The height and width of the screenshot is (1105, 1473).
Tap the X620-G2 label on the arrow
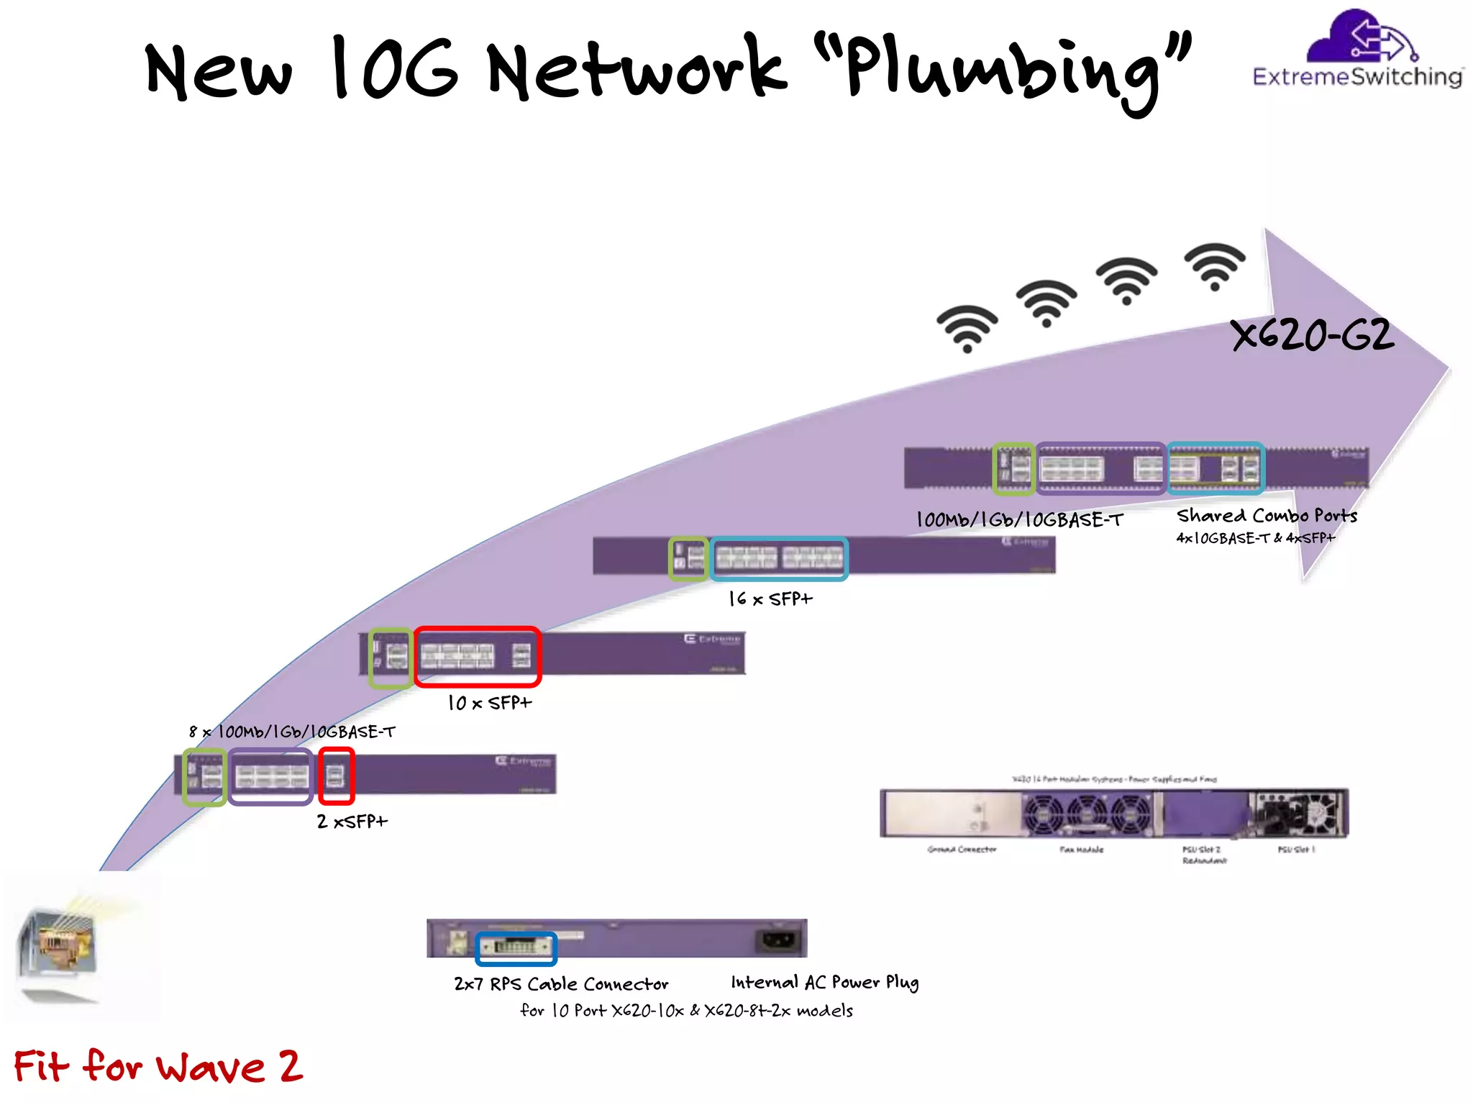[x=1313, y=335]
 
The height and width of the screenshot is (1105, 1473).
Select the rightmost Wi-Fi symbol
[x=1215, y=266]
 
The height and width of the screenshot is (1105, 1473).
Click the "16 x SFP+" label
[x=770, y=599]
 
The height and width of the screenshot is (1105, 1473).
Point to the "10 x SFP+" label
[x=489, y=703]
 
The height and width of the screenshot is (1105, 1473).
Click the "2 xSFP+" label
[x=352, y=821]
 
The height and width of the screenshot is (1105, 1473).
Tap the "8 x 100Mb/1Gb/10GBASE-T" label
[x=292, y=732]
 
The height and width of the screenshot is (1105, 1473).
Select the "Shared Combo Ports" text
[x=1267, y=516]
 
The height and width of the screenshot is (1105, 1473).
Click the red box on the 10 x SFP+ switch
[x=478, y=656]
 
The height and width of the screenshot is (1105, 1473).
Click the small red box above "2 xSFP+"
[x=336, y=776]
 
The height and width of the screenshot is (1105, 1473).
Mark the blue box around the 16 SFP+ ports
[x=779, y=558]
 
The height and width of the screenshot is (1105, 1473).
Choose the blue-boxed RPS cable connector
[x=516, y=947]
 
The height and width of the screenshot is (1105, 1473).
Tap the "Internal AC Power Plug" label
[x=824, y=983]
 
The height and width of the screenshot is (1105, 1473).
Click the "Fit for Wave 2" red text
[x=158, y=1066]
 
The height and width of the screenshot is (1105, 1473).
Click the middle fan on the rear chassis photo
[x=1087, y=814]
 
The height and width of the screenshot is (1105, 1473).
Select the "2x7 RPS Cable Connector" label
[x=561, y=983]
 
